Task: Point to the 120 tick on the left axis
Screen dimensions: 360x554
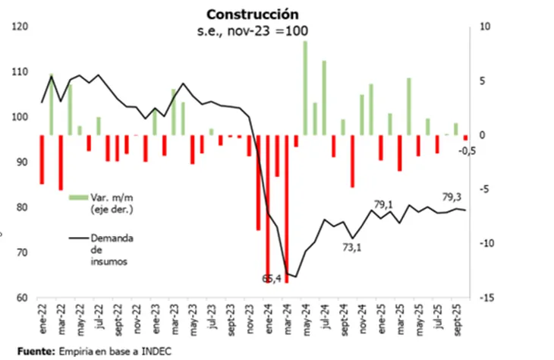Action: tap(21, 27)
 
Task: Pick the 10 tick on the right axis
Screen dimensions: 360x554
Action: tap(486, 27)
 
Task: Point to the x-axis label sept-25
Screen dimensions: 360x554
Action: tap(456, 317)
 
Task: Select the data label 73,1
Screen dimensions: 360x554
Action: tap(353, 248)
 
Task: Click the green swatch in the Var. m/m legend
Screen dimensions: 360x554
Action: tap(77, 197)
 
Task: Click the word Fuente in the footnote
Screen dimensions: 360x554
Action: tap(33, 351)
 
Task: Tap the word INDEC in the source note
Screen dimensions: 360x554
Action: tap(156, 351)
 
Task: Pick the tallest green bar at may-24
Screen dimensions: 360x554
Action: tap(306, 87)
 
